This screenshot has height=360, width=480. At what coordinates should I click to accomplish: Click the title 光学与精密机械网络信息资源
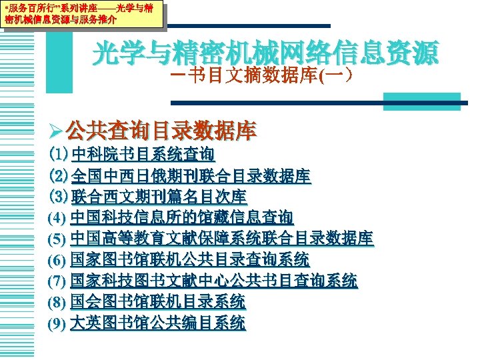pos(266,54)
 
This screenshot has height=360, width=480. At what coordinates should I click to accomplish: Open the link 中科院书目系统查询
pos(143,155)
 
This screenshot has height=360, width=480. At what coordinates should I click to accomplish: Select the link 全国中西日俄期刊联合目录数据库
pos(191,177)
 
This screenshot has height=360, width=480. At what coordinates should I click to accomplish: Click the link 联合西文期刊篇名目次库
pos(159,197)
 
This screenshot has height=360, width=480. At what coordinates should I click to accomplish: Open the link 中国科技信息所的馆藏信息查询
pos(181,218)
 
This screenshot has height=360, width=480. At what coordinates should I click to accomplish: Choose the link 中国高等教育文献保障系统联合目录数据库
pos(222,239)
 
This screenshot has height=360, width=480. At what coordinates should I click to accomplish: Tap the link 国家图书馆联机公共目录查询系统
pos(190,260)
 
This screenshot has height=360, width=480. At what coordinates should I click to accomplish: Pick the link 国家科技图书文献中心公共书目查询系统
pos(213,281)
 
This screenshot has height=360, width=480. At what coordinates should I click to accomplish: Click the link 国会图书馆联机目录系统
pos(158,302)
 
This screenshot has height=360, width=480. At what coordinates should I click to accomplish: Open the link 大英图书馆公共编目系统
pos(158,323)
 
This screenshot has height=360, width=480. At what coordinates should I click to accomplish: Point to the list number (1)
pos(57,155)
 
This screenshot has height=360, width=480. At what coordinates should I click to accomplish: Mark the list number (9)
pos(57,324)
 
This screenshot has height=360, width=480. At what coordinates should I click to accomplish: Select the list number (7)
pos(57,281)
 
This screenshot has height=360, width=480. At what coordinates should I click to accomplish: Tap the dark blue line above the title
pos(247,26)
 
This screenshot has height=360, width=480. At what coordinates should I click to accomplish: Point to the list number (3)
pos(57,197)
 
